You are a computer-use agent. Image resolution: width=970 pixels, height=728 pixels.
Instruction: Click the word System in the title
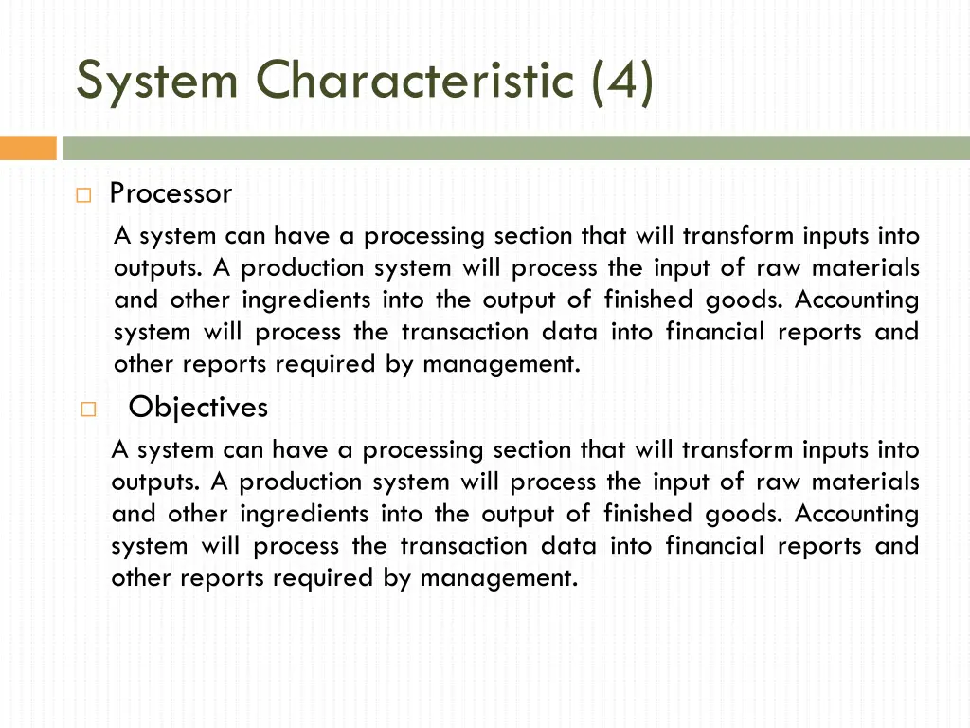(156, 81)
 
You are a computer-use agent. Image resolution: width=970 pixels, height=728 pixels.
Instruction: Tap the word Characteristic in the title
(416, 81)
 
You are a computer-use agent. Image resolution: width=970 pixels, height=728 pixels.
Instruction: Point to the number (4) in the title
(621, 81)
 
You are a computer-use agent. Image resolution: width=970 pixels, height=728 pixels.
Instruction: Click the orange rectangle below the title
(28, 148)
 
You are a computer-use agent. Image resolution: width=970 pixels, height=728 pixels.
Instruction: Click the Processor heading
(171, 194)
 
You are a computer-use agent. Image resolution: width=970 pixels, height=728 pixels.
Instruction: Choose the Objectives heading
(198, 408)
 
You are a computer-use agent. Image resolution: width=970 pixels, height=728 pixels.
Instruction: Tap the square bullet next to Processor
(82, 196)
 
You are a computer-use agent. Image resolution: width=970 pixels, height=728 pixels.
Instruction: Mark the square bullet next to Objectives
(88, 410)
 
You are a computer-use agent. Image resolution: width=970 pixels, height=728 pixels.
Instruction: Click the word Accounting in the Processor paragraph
(856, 300)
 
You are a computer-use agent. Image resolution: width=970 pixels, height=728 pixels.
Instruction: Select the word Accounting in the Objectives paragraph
(856, 514)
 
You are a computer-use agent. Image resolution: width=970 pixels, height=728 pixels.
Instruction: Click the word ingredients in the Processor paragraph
(306, 300)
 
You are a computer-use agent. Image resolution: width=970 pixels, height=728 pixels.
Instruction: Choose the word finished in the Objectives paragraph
(646, 514)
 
